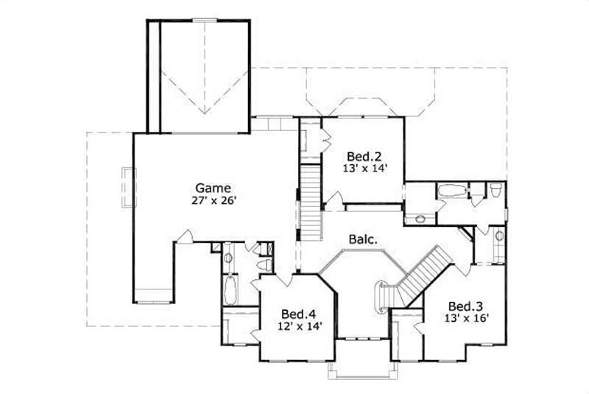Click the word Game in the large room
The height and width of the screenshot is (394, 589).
pos(214,187)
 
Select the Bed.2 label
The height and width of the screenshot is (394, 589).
pos(364,156)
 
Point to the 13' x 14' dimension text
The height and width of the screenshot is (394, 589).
pos(364,168)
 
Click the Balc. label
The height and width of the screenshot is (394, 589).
pos(364,239)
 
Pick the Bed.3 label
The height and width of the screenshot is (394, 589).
pos(467,306)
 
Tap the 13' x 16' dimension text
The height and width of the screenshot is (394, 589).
pos(468,318)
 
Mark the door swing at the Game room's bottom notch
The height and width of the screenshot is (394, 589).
pos(187,236)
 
